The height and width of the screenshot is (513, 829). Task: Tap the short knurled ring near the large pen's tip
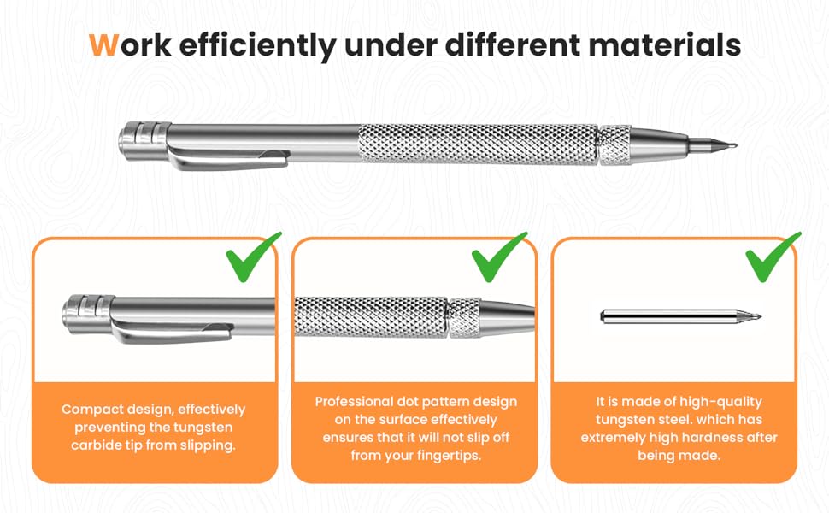[614, 144]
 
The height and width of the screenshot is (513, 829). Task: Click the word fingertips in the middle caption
[445, 456]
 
